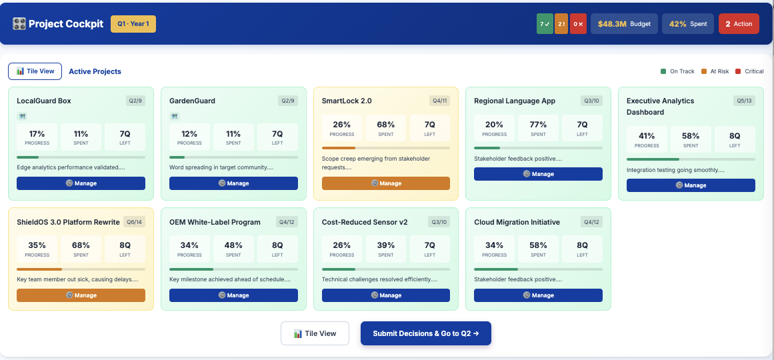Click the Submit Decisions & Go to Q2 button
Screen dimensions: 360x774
(x=425, y=333)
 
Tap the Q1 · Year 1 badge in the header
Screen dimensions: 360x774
(x=133, y=24)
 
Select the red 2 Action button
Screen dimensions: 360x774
(x=739, y=24)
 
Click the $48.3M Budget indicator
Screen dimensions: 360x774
(x=624, y=24)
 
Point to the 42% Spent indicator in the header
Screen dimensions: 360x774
(x=688, y=24)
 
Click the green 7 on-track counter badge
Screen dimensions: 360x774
(x=545, y=24)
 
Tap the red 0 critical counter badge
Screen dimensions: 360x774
(x=578, y=24)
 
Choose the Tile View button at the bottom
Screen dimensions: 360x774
(x=315, y=333)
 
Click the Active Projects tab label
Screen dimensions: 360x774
(x=95, y=71)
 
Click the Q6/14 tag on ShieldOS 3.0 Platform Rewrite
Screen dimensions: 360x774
(x=135, y=222)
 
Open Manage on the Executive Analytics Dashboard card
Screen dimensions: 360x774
(x=691, y=185)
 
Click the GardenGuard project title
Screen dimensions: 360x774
(x=192, y=101)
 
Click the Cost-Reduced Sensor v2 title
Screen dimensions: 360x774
(x=365, y=222)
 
